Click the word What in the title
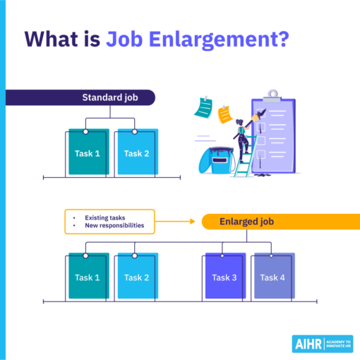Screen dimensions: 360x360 pyautogui.click(x=54, y=40)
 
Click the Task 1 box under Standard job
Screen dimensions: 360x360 pyautogui.click(x=88, y=153)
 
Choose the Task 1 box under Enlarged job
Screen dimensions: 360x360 pyautogui.click(x=88, y=277)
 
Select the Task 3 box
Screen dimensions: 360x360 pyautogui.click(x=224, y=277)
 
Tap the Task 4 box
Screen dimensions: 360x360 pyautogui.click(x=273, y=277)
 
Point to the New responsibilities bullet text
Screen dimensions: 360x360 pyautogui.click(x=114, y=226)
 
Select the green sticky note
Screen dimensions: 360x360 pyautogui.click(x=203, y=107)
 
